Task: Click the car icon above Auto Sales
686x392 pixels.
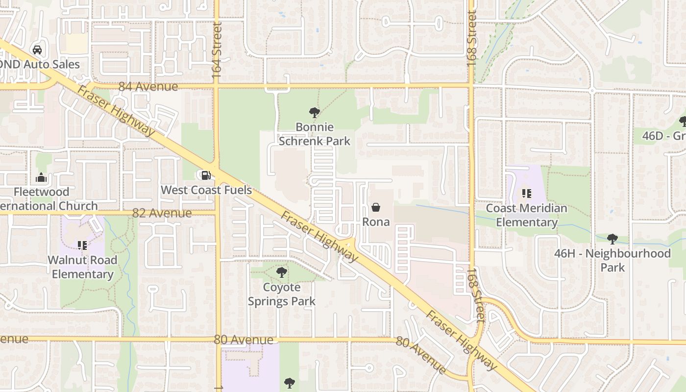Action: (x=37, y=49)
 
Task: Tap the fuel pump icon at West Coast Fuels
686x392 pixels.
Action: (x=206, y=175)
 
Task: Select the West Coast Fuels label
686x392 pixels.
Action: (x=206, y=190)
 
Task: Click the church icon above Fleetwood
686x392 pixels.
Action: (x=41, y=177)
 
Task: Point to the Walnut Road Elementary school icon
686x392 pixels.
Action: (x=82, y=245)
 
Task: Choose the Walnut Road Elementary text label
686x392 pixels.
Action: (x=82, y=267)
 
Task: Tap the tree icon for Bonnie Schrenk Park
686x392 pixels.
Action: (x=314, y=113)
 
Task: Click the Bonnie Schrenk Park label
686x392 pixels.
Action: (x=314, y=134)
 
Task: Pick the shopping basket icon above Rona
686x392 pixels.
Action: (x=376, y=207)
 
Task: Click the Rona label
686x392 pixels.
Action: (x=376, y=222)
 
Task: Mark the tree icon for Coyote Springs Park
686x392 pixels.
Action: (x=281, y=272)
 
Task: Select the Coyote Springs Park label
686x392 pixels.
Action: (x=281, y=294)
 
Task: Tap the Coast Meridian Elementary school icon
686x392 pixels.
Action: (x=527, y=194)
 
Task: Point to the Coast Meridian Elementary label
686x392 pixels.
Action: (x=527, y=215)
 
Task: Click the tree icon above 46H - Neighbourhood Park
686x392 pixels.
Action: (x=612, y=239)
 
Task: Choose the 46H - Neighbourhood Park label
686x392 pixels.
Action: (x=612, y=260)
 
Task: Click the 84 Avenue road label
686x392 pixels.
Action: (x=148, y=87)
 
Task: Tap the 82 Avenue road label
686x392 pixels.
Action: (x=162, y=213)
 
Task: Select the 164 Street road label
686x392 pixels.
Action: (x=217, y=50)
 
